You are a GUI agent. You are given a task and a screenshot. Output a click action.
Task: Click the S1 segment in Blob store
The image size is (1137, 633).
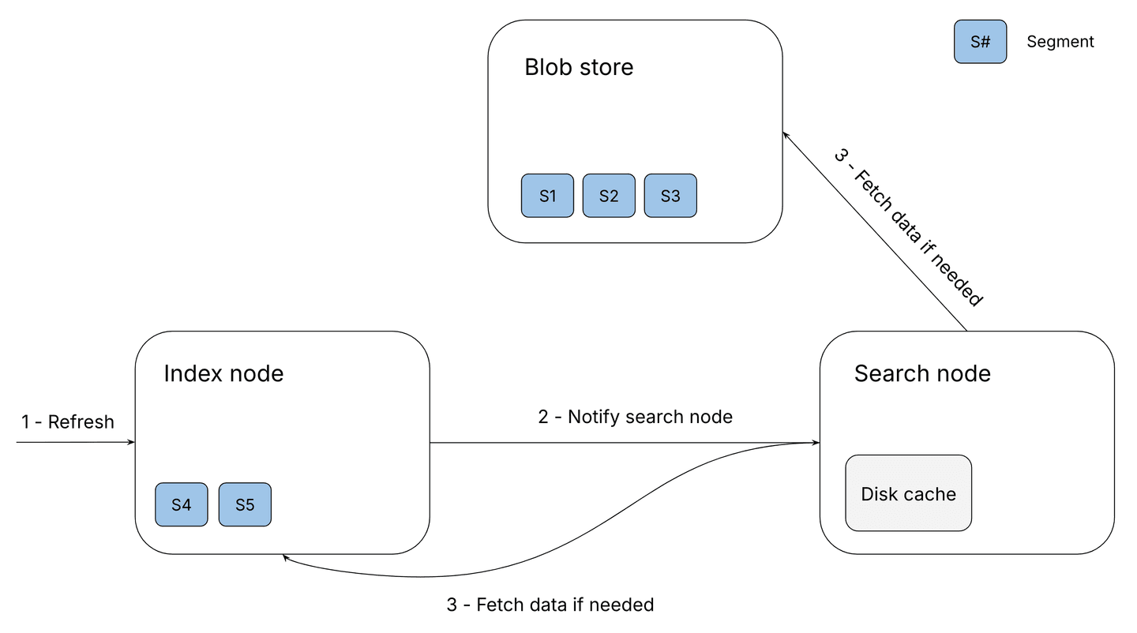click(547, 196)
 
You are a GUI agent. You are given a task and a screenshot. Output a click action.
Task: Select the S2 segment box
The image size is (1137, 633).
click(609, 196)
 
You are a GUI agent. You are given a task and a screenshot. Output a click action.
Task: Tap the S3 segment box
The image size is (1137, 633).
click(670, 196)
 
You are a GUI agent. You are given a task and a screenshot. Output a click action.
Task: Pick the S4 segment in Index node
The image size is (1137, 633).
click(182, 504)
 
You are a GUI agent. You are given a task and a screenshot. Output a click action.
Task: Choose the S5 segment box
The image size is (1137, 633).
click(245, 504)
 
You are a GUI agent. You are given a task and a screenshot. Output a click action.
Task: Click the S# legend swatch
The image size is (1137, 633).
click(980, 42)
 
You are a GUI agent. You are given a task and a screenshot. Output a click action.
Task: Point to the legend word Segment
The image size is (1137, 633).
click(1060, 42)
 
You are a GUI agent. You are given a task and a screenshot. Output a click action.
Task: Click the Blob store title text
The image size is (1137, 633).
click(579, 67)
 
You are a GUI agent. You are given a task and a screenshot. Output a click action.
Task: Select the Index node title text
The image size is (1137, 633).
click(223, 373)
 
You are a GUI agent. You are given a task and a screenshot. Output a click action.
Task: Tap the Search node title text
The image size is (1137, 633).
click(922, 373)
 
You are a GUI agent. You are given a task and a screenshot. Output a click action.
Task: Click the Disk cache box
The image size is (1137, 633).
click(908, 493)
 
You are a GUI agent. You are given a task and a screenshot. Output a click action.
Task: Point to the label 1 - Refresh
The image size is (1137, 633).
click(68, 422)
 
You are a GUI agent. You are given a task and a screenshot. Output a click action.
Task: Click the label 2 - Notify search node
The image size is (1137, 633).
click(635, 417)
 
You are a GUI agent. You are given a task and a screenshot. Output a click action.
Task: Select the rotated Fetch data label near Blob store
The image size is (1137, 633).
click(908, 227)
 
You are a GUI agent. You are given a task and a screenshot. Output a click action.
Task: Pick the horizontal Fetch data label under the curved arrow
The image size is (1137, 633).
click(550, 605)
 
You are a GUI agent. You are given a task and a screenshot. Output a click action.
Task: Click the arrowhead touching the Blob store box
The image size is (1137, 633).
click(786, 135)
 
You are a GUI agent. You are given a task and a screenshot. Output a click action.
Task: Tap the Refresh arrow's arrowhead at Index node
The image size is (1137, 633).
click(130, 443)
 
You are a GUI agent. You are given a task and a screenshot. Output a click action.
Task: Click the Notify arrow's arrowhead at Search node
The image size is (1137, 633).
click(815, 443)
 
